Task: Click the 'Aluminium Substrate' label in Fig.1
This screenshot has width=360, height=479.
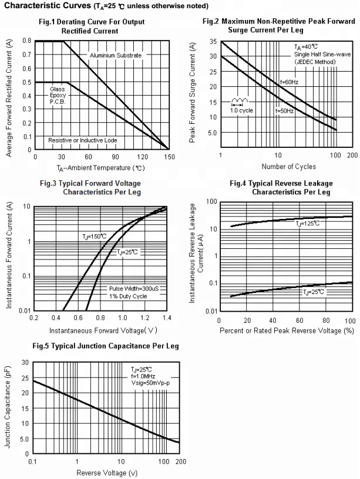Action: (x=116, y=55)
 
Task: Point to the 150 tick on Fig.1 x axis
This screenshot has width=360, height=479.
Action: (x=169, y=157)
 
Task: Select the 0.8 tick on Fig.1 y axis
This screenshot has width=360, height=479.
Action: (x=28, y=41)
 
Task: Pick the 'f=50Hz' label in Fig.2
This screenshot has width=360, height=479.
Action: (x=284, y=110)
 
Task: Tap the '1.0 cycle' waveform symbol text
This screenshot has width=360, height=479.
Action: (x=241, y=110)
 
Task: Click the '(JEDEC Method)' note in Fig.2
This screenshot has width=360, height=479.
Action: (x=315, y=62)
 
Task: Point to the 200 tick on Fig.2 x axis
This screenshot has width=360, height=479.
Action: (x=352, y=155)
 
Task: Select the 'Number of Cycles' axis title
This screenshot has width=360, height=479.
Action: (x=288, y=167)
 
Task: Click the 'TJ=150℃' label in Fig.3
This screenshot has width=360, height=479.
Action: (x=94, y=236)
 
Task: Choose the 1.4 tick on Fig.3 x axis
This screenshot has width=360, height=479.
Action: (x=167, y=318)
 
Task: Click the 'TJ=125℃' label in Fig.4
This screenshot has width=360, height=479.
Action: (x=308, y=223)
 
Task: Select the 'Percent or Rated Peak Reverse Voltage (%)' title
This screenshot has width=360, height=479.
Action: (x=287, y=330)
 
